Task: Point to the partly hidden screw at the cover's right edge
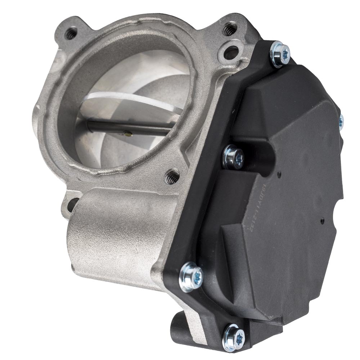click(341, 120)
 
